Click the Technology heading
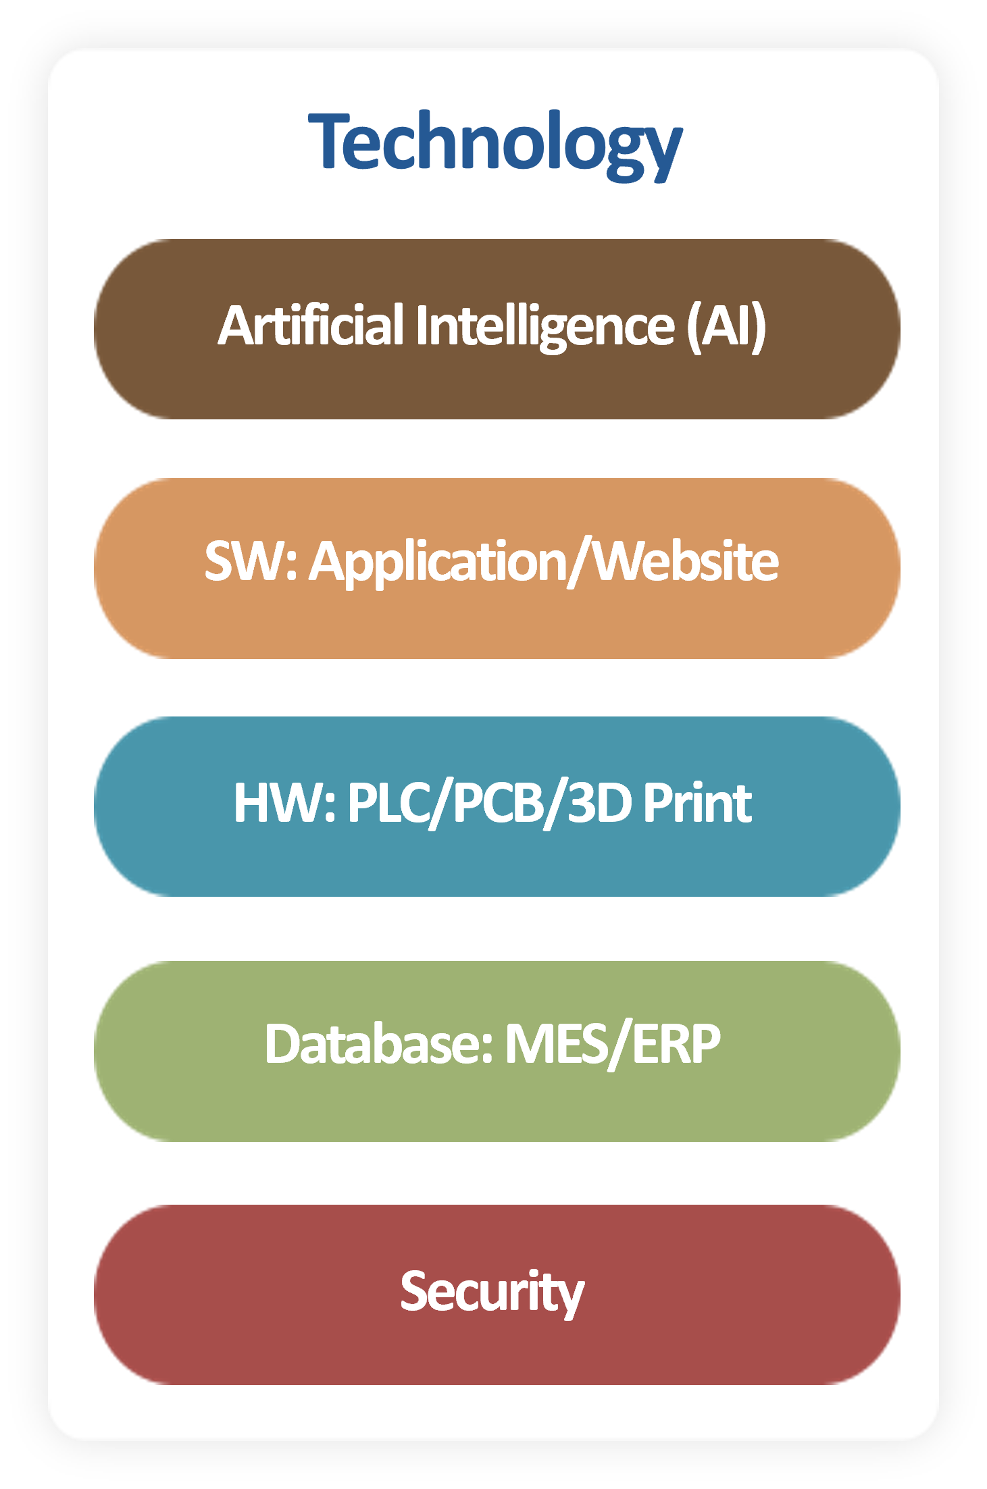[495, 144]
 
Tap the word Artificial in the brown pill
[311, 326]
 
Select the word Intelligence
[545, 326]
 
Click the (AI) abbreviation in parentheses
[726, 326]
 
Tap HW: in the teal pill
[284, 803]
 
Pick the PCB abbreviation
[499, 803]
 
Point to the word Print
[697, 803]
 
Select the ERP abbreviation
[676, 1044]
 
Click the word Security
[492, 1292]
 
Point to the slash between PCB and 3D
[556, 804]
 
